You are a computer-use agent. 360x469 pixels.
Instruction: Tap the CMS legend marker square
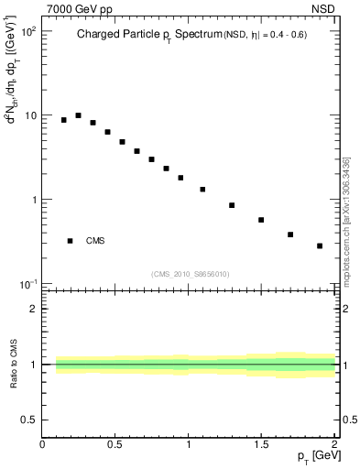pyautogui.click(x=70, y=241)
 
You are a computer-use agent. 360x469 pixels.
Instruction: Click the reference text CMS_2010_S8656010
pyautogui.click(x=191, y=273)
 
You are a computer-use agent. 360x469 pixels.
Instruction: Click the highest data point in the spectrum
pyautogui.click(x=78, y=115)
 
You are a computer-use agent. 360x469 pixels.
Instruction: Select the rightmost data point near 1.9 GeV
pyautogui.click(x=320, y=245)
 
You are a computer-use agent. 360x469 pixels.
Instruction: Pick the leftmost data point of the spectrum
pyautogui.click(x=63, y=120)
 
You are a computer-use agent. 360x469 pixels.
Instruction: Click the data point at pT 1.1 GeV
pyautogui.click(x=202, y=190)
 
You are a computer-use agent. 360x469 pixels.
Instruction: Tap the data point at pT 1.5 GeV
pyautogui.click(x=261, y=220)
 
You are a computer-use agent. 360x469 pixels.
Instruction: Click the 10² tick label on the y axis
pyautogui.click(x=27, y=32)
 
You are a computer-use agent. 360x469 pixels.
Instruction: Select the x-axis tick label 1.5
pyautogui.click(x=261, y=445)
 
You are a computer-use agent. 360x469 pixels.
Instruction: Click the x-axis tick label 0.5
pyautogui.click(x=115, y=445)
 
